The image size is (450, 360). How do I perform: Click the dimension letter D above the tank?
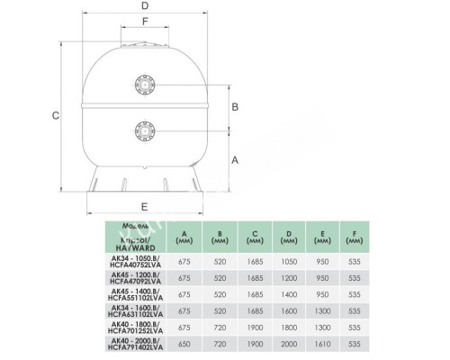click(x=145, y=7)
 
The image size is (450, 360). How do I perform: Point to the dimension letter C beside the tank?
click(x=56, y=115)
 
